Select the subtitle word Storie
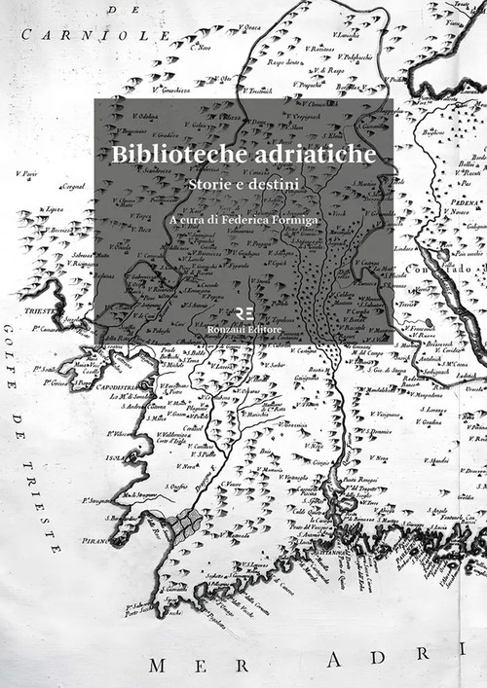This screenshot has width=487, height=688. pos(207,181)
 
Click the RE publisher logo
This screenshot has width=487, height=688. pos(243,313)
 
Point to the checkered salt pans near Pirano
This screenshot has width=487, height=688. pos(179,526)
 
